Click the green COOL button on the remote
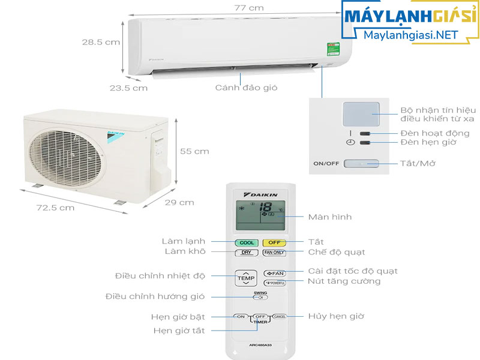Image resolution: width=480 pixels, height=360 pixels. (x=247, y=242)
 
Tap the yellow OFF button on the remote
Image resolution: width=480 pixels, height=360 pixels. (x=274, y=242)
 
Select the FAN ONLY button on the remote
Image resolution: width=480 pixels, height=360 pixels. (x=274, y=253)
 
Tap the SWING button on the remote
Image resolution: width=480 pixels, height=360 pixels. (x=260, y=296)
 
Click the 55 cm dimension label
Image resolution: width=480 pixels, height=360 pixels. (x=194, y=151)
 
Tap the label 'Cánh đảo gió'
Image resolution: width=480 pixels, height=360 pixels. (x=246, y=88)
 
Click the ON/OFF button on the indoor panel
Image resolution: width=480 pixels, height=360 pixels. (x=361, y=163)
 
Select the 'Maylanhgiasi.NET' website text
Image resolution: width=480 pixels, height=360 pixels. (x=406, y=35)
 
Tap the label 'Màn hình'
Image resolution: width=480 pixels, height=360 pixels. (x=329, y=217)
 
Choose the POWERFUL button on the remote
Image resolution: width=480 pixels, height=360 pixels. (x=274, y=283)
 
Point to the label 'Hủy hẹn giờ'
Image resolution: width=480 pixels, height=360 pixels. (x=336, y=316)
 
